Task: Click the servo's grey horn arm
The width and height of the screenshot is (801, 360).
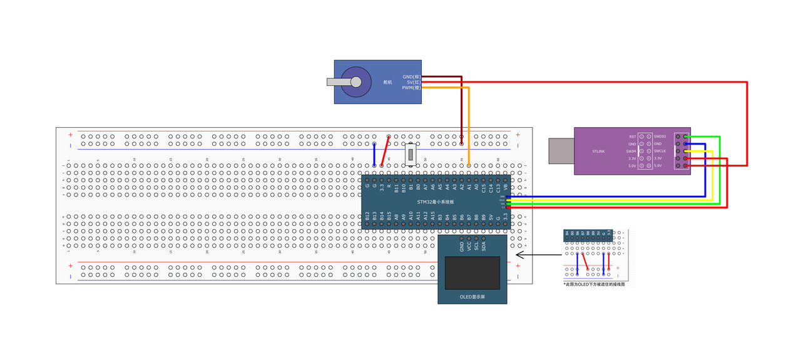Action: [x=338, y=81]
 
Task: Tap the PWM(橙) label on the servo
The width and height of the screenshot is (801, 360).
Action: [x=411, y=88]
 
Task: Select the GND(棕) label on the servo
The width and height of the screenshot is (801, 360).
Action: [x=411, y=76]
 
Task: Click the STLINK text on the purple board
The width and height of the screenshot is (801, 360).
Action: [x=598, y=152]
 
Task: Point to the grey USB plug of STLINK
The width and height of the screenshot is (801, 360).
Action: [x=561, y=151]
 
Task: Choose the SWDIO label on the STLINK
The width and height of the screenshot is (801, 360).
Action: [x=661, y=136]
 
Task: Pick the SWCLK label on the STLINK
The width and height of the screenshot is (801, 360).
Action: [x=661, y=151]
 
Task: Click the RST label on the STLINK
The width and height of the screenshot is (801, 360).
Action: [x=633, y=136]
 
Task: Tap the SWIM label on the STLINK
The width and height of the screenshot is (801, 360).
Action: [x=631, y=151]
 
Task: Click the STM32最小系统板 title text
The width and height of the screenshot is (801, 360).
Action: [x=436, y=202]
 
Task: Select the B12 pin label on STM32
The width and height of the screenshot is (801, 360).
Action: [x=367, y=217]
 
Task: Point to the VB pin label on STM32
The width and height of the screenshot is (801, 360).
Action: [x=506, y=186]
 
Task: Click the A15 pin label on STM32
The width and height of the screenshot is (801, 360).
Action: [x=432, y=217]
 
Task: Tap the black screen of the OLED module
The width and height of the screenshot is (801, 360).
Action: [x=472, y=272]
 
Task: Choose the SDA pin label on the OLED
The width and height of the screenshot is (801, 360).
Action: [x=484, y=246]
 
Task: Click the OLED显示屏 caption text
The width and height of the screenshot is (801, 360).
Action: [x=472, y=297]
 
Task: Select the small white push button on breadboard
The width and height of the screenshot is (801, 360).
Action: [x=411, y=154]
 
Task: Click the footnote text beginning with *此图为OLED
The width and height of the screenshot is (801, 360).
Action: [x=594, y=284]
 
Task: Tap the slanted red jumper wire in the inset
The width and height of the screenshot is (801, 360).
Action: [x=585, y=262]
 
